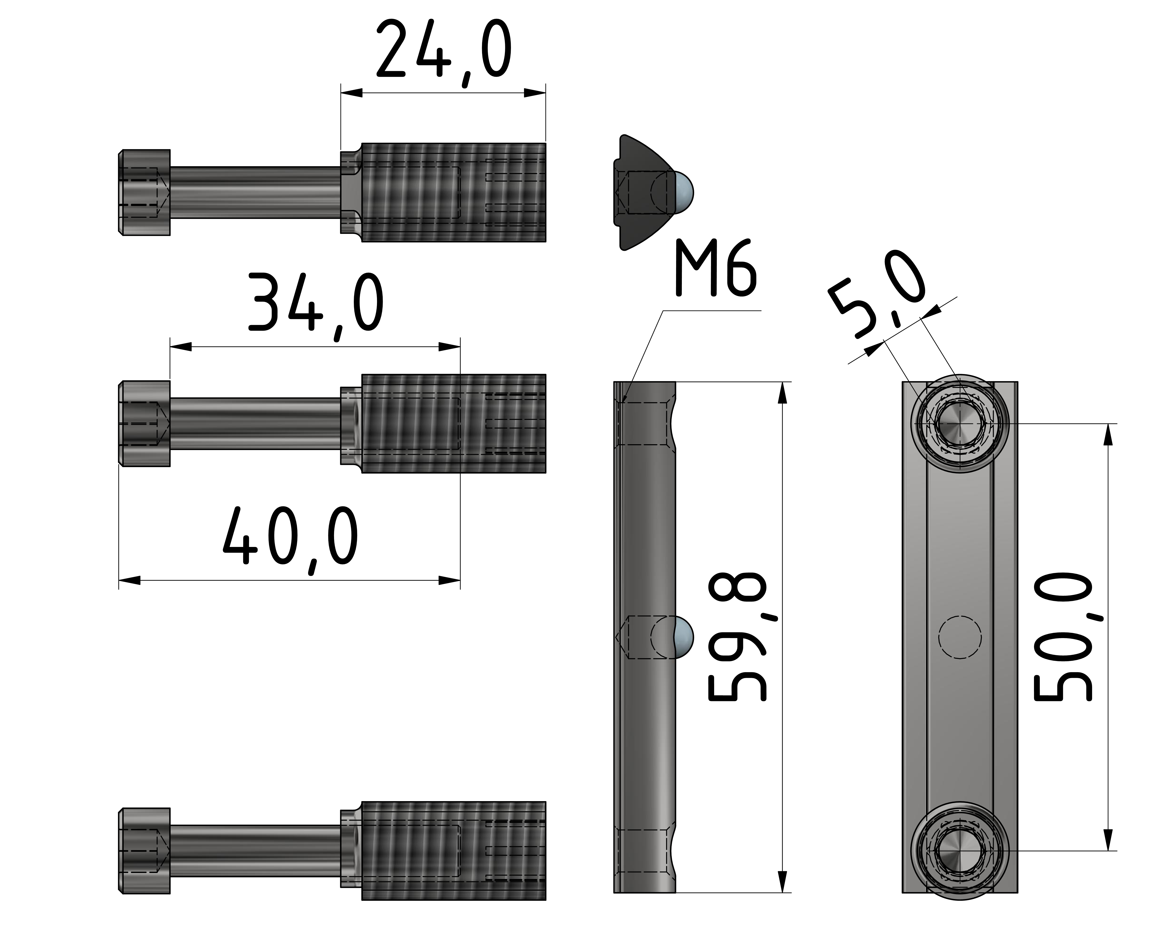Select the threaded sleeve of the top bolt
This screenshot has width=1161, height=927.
coord(453,192)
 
